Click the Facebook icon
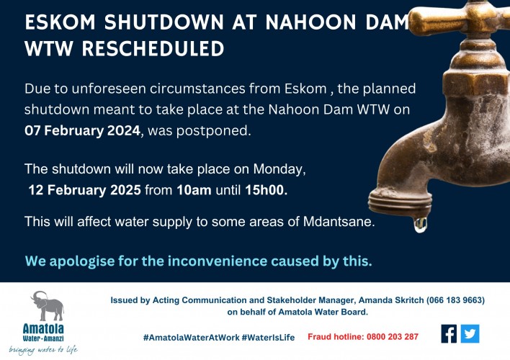click(x=449, y=334)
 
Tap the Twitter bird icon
click(x=470, y=334)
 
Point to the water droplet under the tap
click(x=419, y=225)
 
